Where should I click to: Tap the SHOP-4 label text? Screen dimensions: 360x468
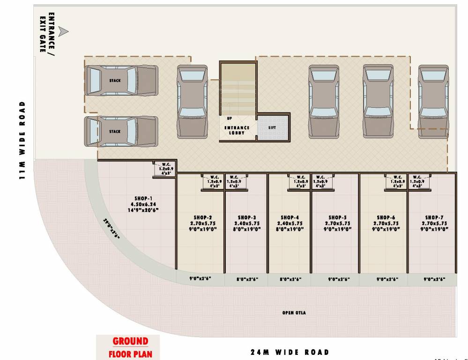[290, 217]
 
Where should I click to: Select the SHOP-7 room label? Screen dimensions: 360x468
[434, 217]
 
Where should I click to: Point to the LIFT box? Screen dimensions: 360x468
[273, 127]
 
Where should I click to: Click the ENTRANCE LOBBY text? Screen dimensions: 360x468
[237, 130]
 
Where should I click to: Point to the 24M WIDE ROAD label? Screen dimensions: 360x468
[289, 352]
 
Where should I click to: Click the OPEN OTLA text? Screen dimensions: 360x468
[294, 313]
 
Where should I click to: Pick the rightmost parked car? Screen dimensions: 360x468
[433, 101]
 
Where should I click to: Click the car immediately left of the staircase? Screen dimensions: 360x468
[192, 101]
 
